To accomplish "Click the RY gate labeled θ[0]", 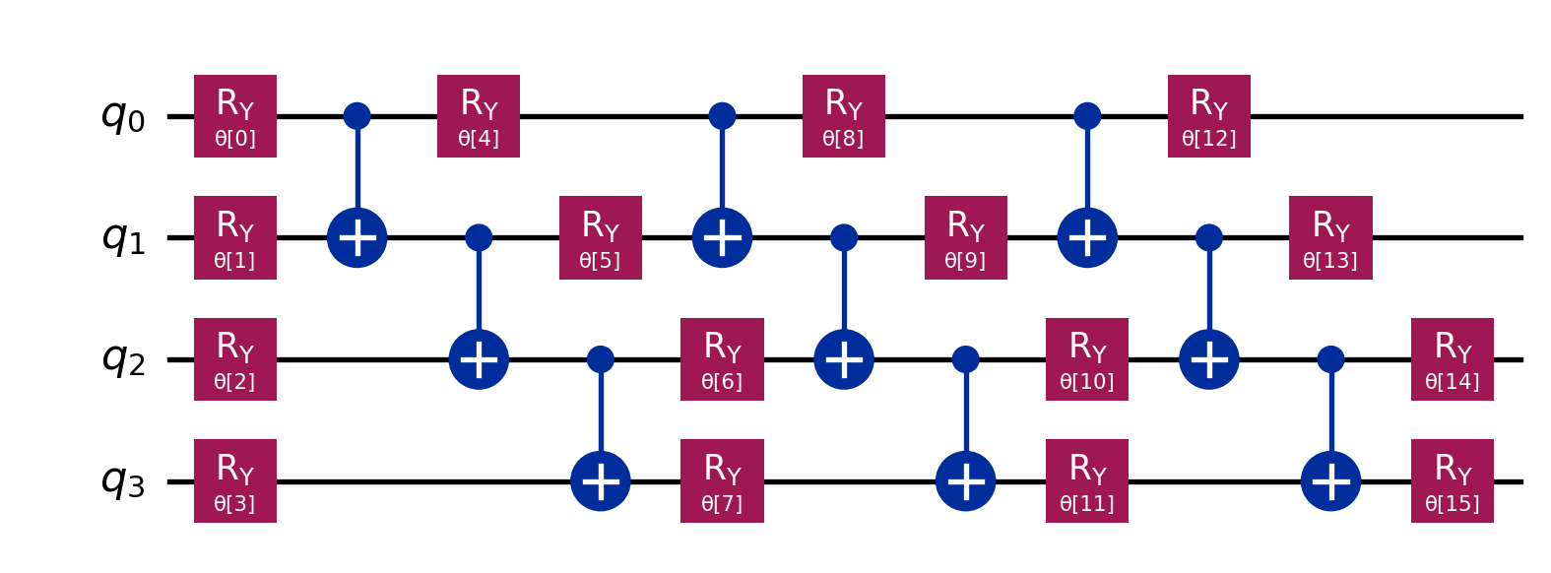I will (234, 116).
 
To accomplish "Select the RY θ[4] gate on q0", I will (479, 116).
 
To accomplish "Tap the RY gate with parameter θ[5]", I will (601, 237).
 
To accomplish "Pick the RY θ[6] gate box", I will (722, 359).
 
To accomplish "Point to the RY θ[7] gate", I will (722, 480).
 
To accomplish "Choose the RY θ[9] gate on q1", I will (965, 237).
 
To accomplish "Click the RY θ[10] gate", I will (1087, 359).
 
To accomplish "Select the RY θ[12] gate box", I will (1209, 116).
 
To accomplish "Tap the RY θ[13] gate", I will (1330, 237).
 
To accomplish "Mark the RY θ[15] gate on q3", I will (1453, 480).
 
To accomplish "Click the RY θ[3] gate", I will (234, 480).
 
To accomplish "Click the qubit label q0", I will (123, 116).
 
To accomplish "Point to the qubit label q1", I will (123, 237).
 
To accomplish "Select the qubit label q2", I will (123, 359).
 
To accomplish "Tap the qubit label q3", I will (123, 480).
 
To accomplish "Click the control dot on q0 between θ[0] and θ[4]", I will (356, 116).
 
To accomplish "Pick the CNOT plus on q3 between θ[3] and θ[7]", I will (601, 480).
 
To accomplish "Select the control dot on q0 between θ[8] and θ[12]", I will (1087, 116).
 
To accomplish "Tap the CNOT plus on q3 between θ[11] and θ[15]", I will (1330, 480).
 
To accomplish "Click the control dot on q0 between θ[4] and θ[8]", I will (722, 116).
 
